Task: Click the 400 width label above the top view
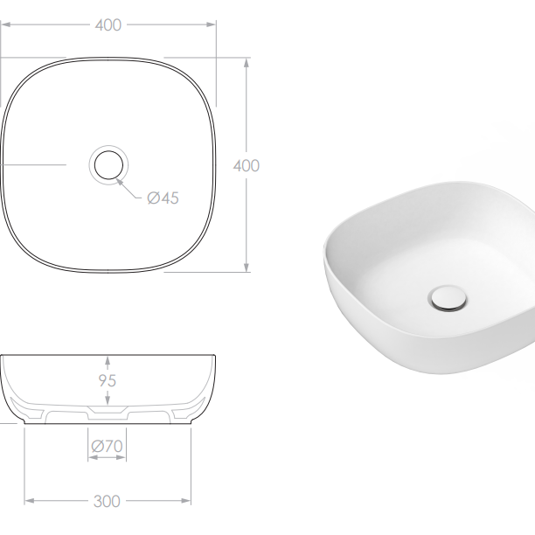point(108,25)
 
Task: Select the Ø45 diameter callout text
point(163,198)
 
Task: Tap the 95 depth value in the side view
point(108,381)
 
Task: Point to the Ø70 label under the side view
point(107,447)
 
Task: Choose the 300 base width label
point(108,501)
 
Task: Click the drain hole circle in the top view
point(108,164)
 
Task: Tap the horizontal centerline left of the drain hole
point(35,164)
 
